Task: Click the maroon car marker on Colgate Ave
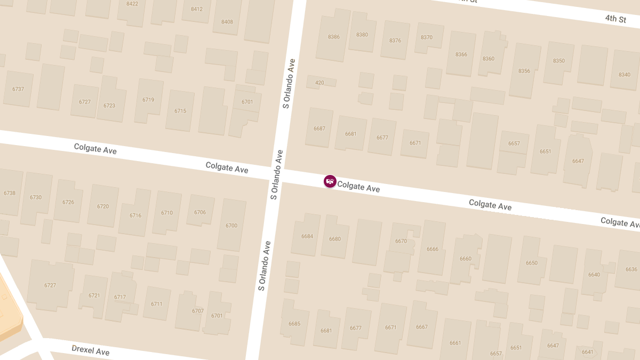click(x=330, y=181)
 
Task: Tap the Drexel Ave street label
click(x=91, y=350)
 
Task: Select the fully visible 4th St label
click(x=615, y=19)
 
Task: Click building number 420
click(x=319, y=83)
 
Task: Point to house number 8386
click(x=334, y=37)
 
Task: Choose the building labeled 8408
click(x=227, y=22)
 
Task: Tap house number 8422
click(x=132, y=4)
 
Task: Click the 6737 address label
click(x=18, y=89)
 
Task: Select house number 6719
click(x=148, y=100)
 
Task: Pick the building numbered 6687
click(x=319, y=129)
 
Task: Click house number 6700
click(x=231, y=226)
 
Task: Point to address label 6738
click(x=10, y=193)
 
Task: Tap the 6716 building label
click(x=135, y=215)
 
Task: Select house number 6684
click(x=307, y=236)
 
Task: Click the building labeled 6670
click(x=401, y=241)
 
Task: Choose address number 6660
click(x=466, y=259)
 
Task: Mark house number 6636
click(x=631, y=269)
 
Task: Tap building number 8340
click(x=625, y=74)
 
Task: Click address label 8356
click(x=524, y=71)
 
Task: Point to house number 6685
click(x=294, y=324)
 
